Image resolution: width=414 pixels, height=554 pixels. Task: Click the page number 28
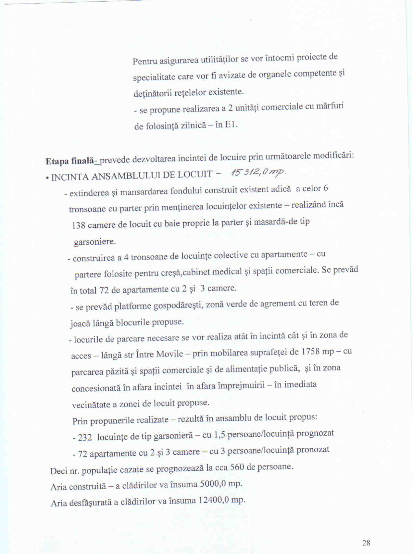[x=366, y=543]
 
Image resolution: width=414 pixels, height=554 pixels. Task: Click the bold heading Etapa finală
[x=69, y=161]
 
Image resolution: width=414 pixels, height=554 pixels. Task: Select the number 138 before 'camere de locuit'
[x=78, y=225]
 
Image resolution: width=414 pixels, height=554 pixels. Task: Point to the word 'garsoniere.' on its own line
[x=95, y=242]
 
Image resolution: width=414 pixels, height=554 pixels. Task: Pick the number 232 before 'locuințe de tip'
[x=85, y=437]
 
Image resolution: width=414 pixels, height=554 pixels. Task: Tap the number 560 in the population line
[x=237, y=467]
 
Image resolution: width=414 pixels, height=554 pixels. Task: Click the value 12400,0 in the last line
[x=213, y=500]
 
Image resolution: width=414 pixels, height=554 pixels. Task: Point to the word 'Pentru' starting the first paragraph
[x=145, y=61]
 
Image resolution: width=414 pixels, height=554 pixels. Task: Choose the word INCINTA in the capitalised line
[x=69, y=177]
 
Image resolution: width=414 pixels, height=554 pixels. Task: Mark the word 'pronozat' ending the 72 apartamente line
[x=313, y=450]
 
